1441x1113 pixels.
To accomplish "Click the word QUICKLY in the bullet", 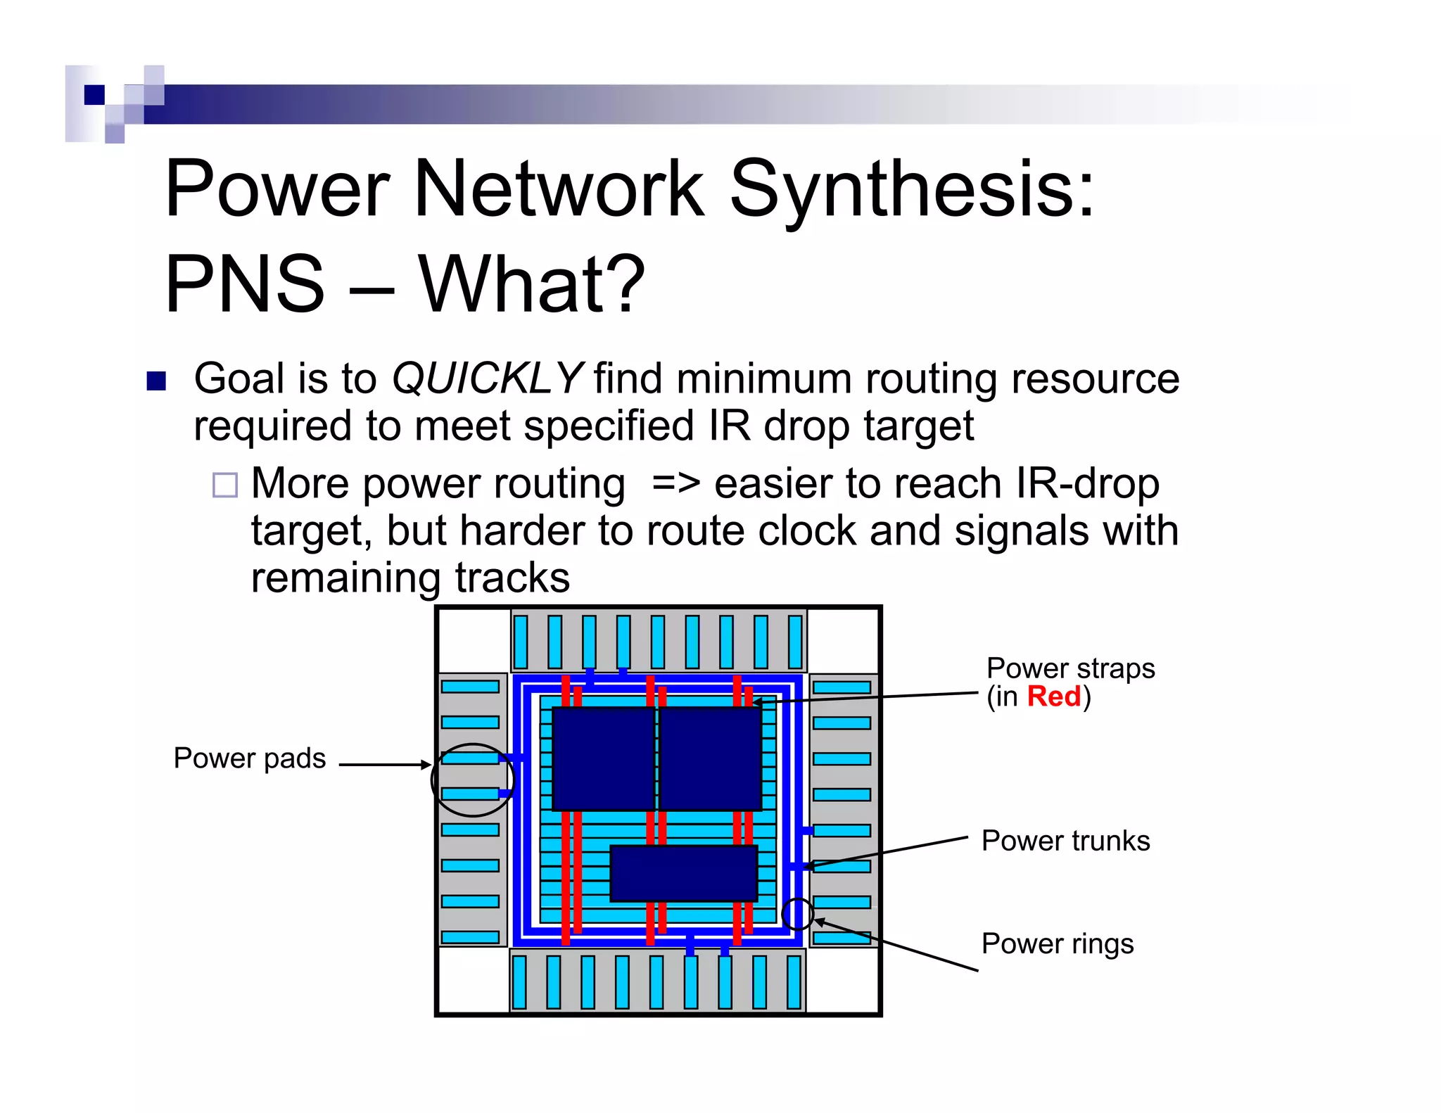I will pyautogui.click(x=485, y=379).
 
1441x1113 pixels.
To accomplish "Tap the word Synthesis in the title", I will pyautogui.click(x=912, y=189).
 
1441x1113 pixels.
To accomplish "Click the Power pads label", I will pyautogui.click(x=250, y=758).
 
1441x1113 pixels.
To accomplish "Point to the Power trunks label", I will pyautogui.click(x=1065, y=841).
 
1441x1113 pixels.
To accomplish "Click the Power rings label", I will pyautogui.click(x=1057, y=943).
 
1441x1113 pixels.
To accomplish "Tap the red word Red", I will pyautogui.click(x=1053, y=697).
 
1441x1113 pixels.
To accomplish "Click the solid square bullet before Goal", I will pyautogui.click(x=156, y=381).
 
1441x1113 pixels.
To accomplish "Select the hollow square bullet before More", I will pyautogui.click(x=225, y=485).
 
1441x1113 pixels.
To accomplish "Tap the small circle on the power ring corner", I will pyautogui.click(x=797, y=913).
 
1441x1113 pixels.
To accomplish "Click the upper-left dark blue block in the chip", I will pyautogui.click(x=604, y=758).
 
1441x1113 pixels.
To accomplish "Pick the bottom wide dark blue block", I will pyautogui.click(x=683, y=873).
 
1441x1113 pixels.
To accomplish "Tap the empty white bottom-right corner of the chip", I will pyautogui.click(x=842, y=980).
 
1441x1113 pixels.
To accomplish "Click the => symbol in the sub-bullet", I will pyautogui.click(x=675, y=484).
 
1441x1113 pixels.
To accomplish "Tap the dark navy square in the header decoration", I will pyautogui.click(x=94, y=94).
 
